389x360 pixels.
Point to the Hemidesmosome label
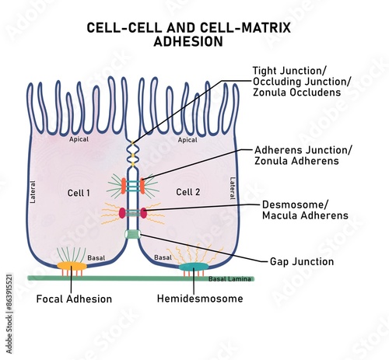pyautogui.click(x=199, y=299)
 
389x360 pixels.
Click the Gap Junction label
pyautogui.click(x=301, y=262)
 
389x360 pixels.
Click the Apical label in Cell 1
pyautogui.click(x=79, y=140)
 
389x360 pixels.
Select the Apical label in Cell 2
pyautogui.click(x=188, y=140)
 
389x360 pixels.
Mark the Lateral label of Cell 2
pyautogui.click(x=232, y=188)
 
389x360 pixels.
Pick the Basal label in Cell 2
pyautogui.click(x=163, y=257)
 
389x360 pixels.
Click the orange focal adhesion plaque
pyautogui.click(x=72, y=267)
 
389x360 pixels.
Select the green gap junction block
pyautogui.click(x=131, y=234)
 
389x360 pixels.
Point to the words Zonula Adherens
pyautogui.click(x=296, y=161)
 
